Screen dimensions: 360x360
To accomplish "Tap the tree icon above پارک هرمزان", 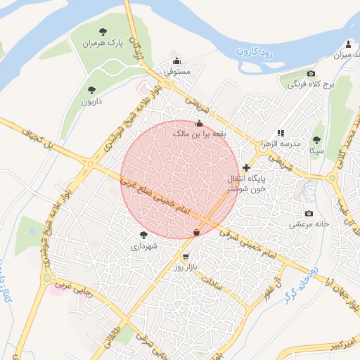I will click(103, 32).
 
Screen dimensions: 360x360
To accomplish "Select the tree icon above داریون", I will click(91, 89).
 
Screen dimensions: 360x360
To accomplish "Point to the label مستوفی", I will click(177, 71).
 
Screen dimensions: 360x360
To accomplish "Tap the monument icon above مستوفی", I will click(176, 60).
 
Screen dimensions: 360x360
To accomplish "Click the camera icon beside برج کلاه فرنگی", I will click(311, 74).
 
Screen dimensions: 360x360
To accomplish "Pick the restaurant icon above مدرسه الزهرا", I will click(281, 132).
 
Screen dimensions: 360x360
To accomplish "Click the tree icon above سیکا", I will click(316, 140).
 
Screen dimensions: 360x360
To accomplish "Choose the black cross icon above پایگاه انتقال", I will click(246, 167).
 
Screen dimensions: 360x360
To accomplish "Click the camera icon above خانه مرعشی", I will click(309, 213).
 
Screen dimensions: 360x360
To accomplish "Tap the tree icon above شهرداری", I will click(144, 235).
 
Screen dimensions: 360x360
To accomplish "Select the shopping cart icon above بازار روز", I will click(186, 257).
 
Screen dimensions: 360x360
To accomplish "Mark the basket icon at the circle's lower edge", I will click(196, 232).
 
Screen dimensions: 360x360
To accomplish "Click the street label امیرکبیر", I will click(327, 347).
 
